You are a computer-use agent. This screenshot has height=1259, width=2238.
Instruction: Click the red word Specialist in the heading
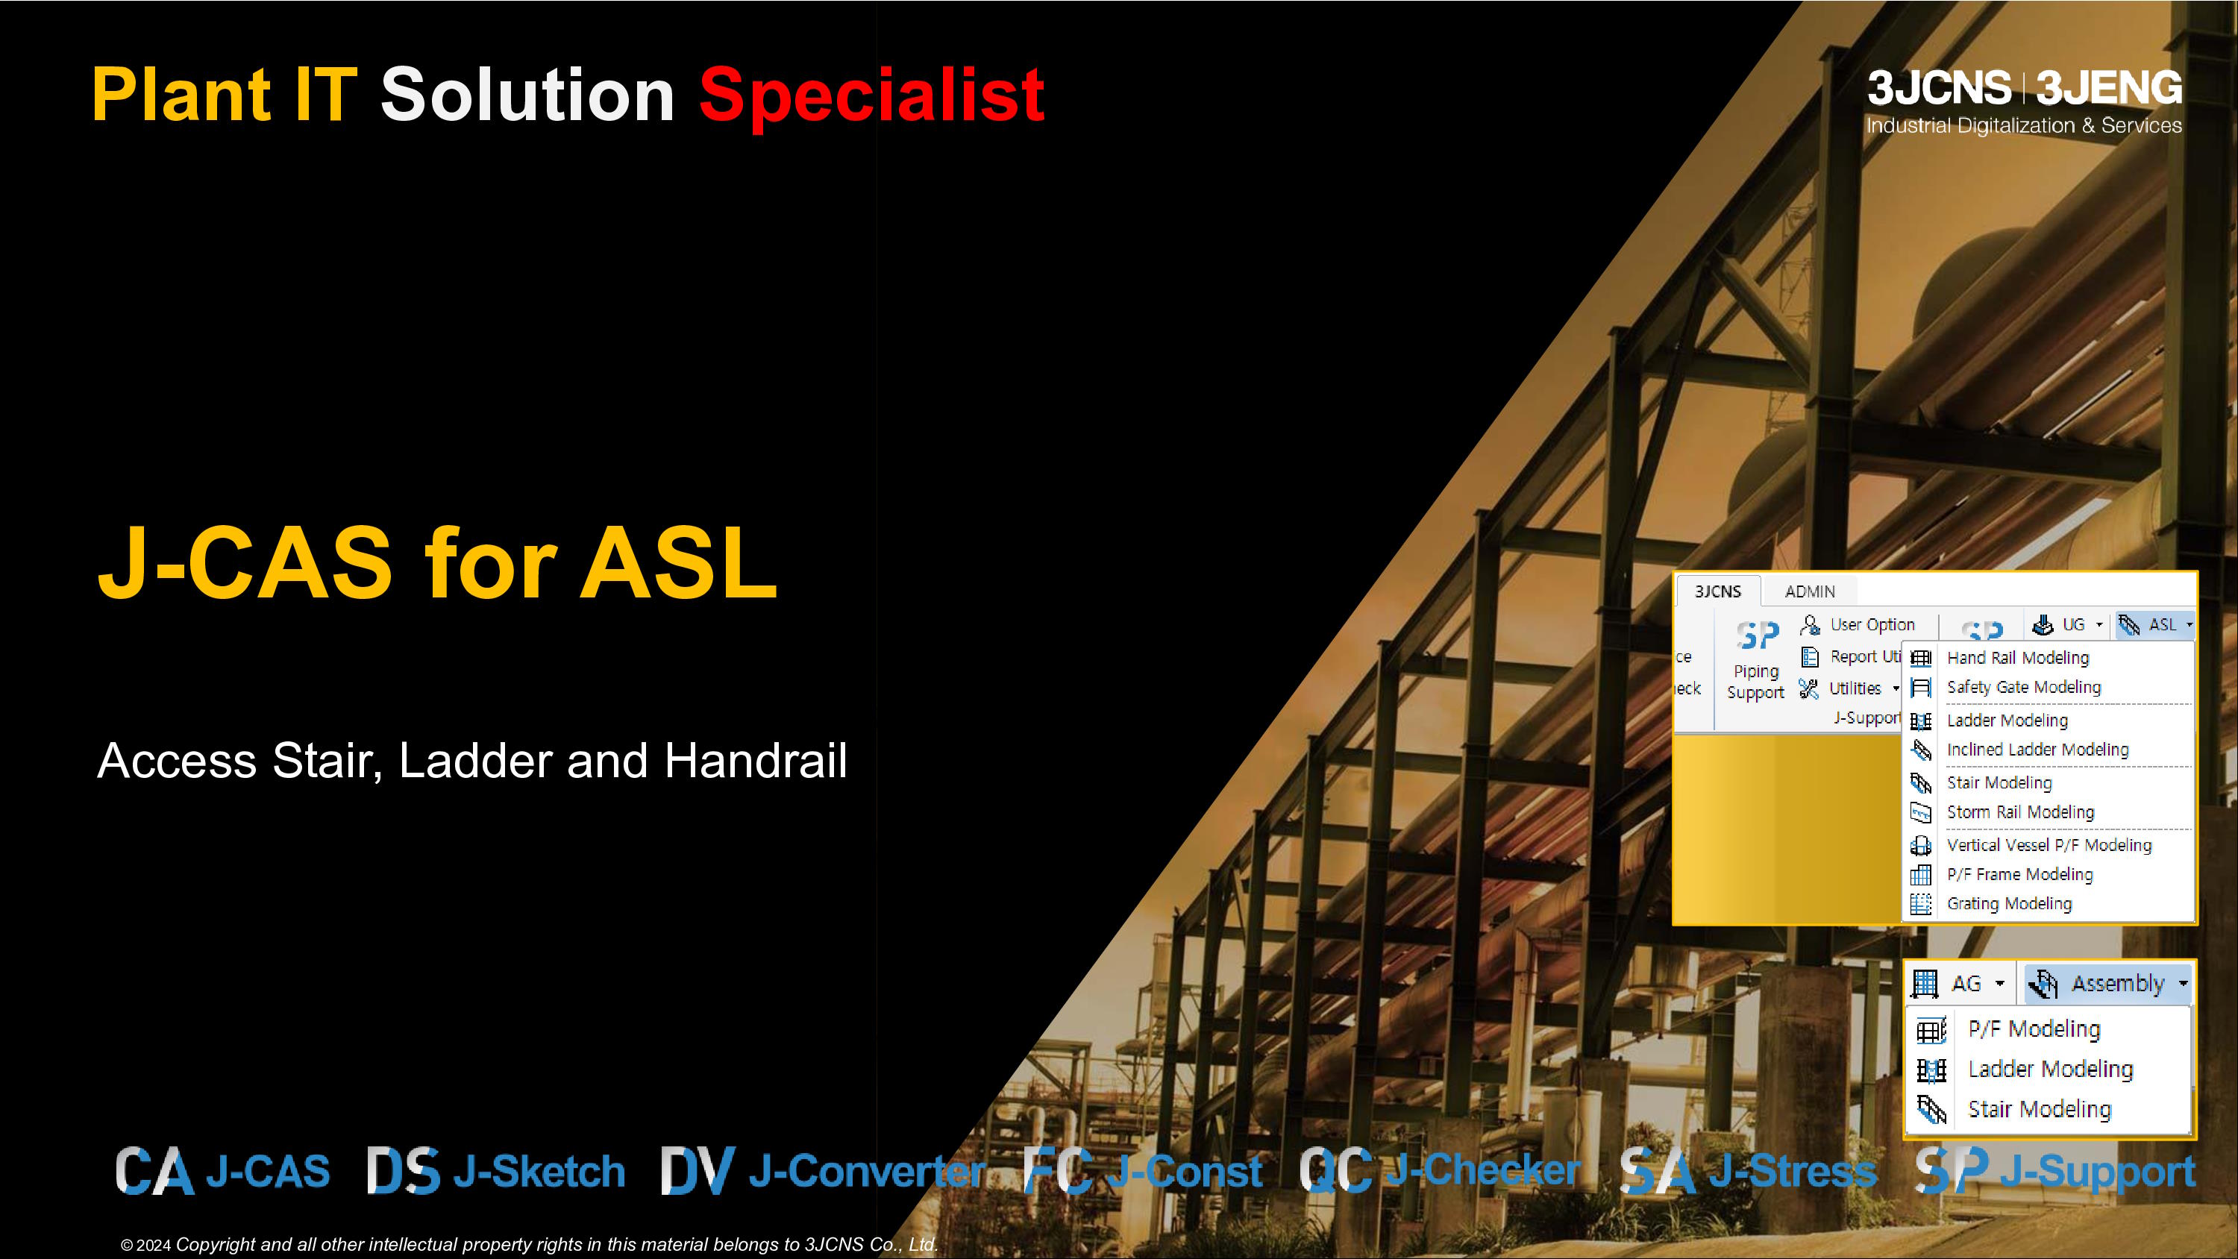click(871, 95)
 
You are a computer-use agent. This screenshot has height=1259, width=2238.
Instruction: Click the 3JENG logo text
click(2110, 89)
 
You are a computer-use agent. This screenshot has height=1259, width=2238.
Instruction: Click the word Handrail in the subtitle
click(755, 760)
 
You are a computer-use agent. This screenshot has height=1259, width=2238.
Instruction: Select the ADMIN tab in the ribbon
click(1810, 591)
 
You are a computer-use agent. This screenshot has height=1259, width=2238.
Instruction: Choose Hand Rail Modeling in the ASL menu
click(2017, 658)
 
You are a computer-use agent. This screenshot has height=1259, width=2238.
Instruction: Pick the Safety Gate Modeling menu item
click(2023, 687)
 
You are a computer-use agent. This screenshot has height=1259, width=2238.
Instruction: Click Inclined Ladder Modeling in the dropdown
click(2037, 750)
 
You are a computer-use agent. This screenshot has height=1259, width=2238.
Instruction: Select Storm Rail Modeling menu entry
click(2020, 812)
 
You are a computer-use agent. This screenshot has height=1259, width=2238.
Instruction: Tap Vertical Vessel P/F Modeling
click(2049, 845)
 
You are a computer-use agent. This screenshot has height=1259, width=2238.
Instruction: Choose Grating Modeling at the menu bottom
click(2009, 904)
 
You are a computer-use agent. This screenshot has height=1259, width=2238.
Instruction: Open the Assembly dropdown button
click(2107, 984)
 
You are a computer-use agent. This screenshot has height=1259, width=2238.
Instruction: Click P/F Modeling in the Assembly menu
click(2034, 1029)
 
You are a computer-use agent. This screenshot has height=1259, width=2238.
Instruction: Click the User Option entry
click(1872, 625)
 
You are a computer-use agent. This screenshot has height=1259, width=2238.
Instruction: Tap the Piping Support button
click(1756, 660)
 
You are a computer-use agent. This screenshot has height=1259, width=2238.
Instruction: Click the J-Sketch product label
click(539, 1171)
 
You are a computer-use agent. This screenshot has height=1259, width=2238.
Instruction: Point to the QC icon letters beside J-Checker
click(1336, 1169)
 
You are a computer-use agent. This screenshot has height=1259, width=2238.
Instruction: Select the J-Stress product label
click(1793, 1171)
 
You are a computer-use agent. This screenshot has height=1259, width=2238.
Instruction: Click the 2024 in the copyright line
click(154, 1245)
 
